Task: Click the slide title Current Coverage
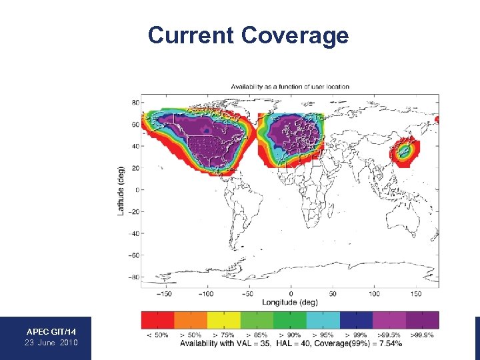248,35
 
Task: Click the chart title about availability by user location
290,87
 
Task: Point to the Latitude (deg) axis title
121,190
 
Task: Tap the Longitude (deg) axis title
290,302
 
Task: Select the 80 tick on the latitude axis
135,103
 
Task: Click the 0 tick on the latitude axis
136,190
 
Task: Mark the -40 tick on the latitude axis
133,233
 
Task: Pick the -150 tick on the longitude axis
165,293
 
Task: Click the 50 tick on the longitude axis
332,293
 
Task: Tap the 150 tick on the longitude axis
415,293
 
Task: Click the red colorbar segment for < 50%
157,320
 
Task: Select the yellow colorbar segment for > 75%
223,320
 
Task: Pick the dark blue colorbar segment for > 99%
356,320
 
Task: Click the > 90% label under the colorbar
290,334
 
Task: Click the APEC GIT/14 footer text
51,331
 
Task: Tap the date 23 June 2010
51,342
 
